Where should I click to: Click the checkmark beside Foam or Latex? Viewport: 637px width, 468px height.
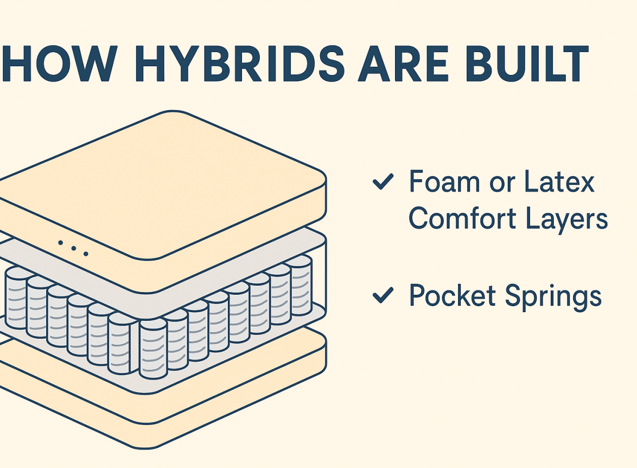(383, 183)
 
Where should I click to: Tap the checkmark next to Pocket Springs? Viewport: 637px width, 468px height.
(383, 296)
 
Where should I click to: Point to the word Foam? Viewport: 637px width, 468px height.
(441, 182)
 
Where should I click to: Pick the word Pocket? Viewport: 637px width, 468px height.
(453, 296)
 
